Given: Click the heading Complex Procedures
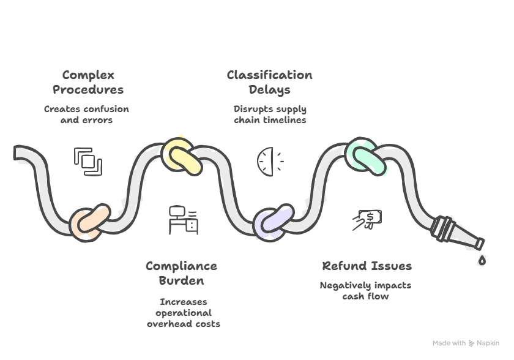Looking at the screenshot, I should pos(88,83).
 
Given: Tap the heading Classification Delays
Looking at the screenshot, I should pos(269,83).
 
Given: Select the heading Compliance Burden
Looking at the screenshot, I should pos(181,273).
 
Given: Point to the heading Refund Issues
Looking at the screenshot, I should pos(367,266).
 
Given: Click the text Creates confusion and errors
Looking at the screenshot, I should pos(86,114).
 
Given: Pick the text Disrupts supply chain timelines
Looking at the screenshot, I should pos(270,114).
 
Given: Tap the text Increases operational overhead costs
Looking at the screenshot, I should pos(183,312).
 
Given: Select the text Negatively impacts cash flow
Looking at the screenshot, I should pos(365,291).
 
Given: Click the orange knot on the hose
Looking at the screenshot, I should pos(89,221).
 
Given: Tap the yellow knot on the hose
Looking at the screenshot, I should pos(181,155).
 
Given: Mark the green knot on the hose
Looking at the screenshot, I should pos(365,156).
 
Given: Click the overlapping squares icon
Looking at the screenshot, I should pos(88,162).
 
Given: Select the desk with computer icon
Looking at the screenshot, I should pos(183,220).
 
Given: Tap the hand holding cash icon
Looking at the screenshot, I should pos(367,220).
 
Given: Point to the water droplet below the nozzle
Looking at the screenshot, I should pos(482,261).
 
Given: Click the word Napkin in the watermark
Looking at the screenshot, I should pos(488,343).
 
